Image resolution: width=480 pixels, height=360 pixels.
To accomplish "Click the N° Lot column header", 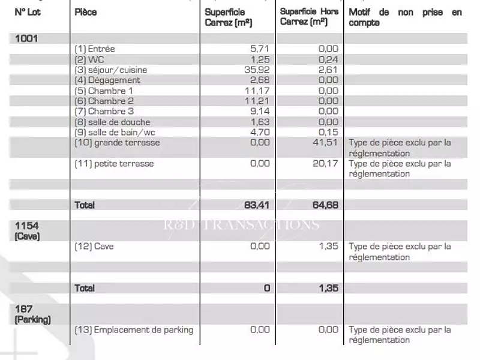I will point(28,12).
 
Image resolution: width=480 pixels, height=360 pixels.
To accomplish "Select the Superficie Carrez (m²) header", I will point(229,17).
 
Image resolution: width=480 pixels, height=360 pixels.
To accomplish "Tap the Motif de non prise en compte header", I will point(406,17).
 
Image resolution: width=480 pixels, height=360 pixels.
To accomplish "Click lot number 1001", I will point(26,38).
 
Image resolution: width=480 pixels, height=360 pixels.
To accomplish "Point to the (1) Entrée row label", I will point(94,49).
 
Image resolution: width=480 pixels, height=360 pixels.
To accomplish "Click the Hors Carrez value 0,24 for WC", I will point(328,59).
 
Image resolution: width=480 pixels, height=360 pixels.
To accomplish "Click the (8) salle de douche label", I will point(111,122).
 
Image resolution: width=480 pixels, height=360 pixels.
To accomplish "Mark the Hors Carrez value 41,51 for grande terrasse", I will point(325,143).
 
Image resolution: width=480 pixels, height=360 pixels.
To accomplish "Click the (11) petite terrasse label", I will point(114,164).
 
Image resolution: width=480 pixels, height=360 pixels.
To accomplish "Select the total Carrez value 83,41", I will point(257,205).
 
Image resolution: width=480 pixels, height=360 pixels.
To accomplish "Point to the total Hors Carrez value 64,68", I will point(325,205).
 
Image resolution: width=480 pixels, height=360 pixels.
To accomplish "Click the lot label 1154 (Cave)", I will point(28,231).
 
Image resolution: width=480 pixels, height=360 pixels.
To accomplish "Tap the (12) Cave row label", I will point(94,247).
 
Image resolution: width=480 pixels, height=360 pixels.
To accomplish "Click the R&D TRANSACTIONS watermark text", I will point(242,225).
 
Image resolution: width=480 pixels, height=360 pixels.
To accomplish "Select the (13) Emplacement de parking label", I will point(134,329).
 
